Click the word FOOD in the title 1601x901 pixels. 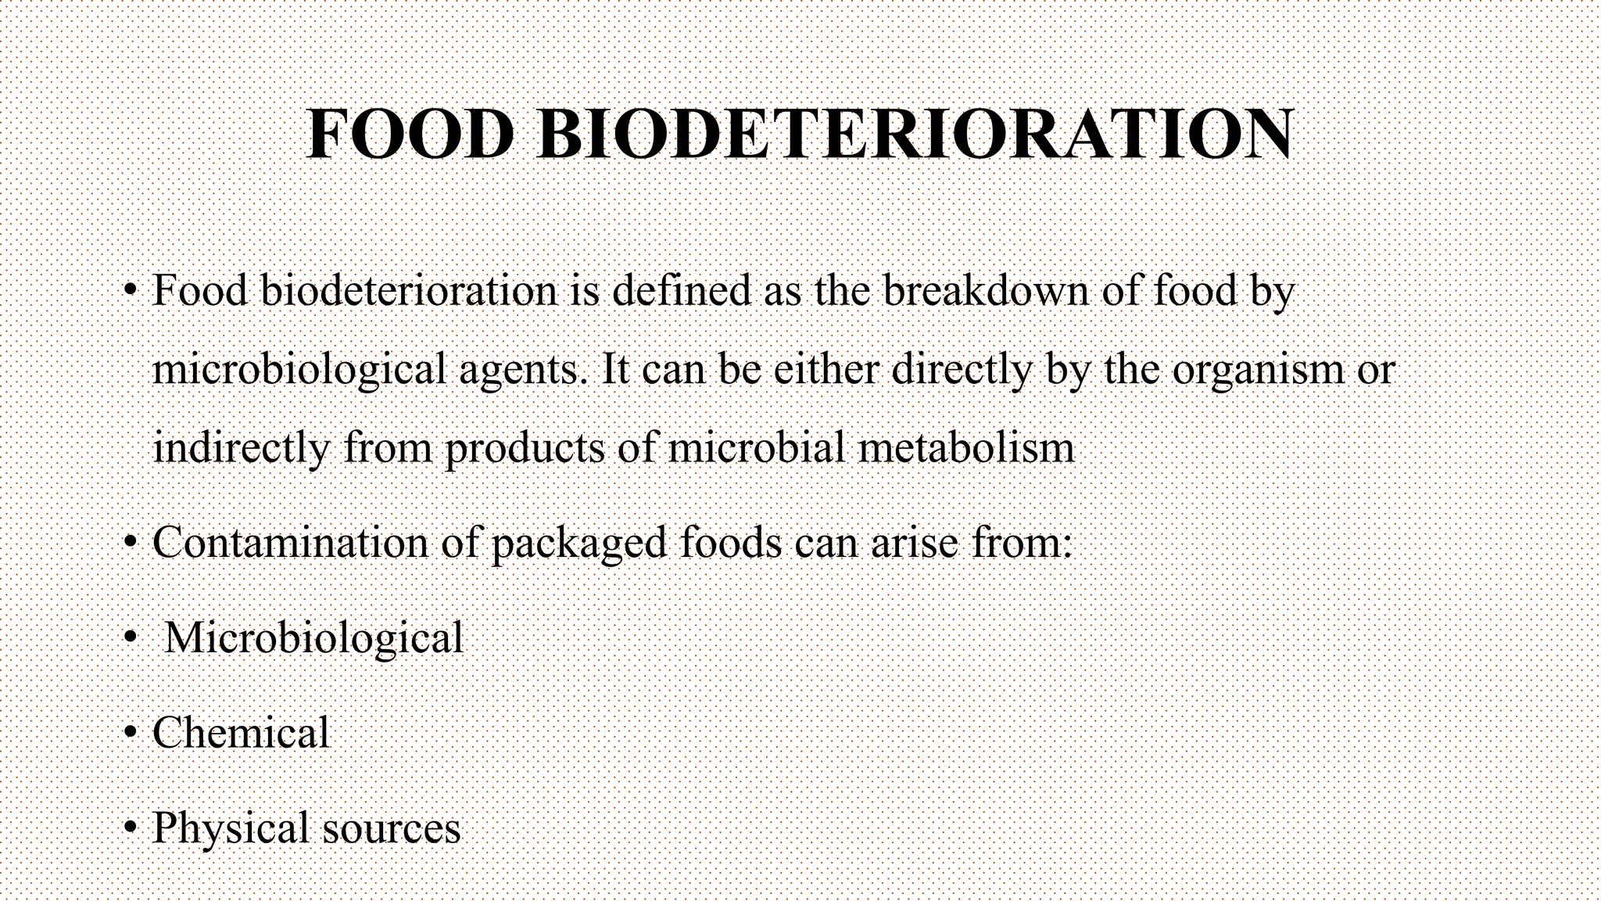(409, 135)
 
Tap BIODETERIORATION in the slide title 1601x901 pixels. (915, 135)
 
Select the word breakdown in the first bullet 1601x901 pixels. (986, 290)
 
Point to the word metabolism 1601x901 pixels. (966, 448)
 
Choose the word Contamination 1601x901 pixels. (290, 542)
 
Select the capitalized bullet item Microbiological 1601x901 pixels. (313, 638)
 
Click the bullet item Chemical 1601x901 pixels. (241, 733)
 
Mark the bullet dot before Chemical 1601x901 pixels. (131, 734)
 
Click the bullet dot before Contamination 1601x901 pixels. (131, 543)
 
